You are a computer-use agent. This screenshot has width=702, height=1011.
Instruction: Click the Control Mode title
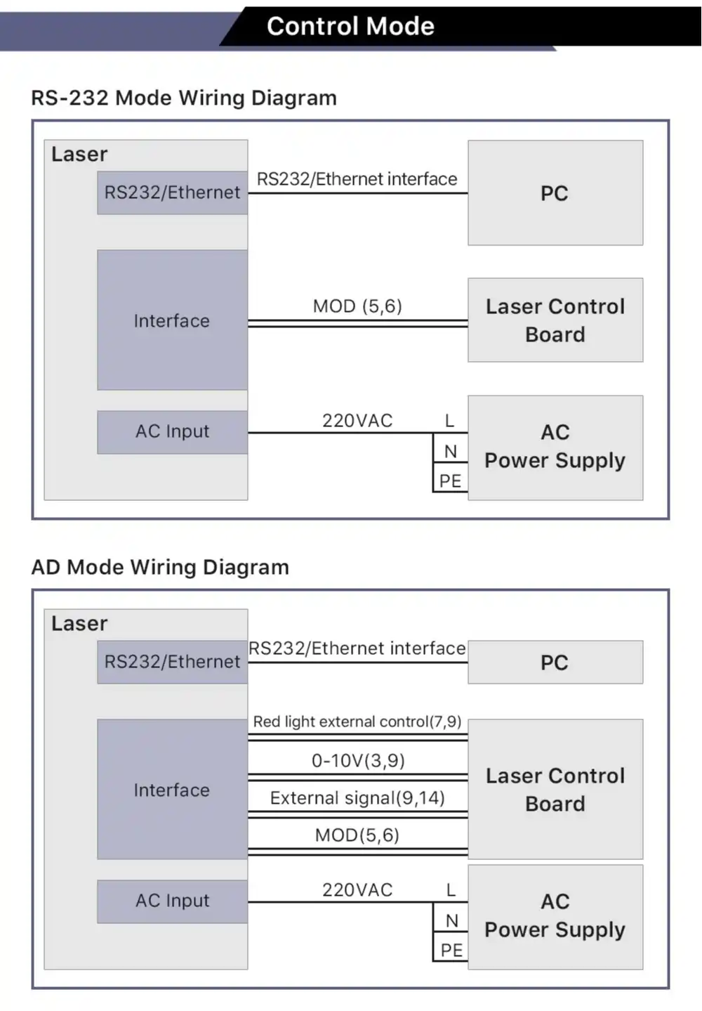click(350, 26)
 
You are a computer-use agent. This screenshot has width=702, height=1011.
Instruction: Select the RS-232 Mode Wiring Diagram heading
click(184, 98)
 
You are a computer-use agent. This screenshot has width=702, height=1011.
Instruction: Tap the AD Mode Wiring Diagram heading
click(160, 568)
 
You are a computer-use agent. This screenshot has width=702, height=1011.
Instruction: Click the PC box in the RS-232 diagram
click(555, 193)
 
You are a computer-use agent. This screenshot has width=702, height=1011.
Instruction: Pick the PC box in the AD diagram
click(555, 662)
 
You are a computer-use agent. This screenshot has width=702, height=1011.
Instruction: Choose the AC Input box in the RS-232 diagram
click(172, 432)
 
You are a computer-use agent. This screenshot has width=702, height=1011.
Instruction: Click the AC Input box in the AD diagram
click(172, 901)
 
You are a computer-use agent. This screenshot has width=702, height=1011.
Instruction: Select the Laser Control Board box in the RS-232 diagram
click(555, 320)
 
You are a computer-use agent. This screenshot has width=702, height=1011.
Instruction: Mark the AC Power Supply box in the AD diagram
click(555, 917)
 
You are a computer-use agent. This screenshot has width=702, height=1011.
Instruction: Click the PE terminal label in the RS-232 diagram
click(451, 481)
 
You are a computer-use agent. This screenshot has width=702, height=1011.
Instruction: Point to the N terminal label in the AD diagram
click(452, 921)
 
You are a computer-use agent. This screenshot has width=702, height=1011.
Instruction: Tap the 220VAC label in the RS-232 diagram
click(357, 421)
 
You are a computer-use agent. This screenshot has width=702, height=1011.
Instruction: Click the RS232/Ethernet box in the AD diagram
click(172, 662)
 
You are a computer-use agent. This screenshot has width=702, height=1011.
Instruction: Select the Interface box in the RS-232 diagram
click(172, 320)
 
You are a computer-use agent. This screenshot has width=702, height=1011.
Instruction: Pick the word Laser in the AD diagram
click(79, 623)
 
